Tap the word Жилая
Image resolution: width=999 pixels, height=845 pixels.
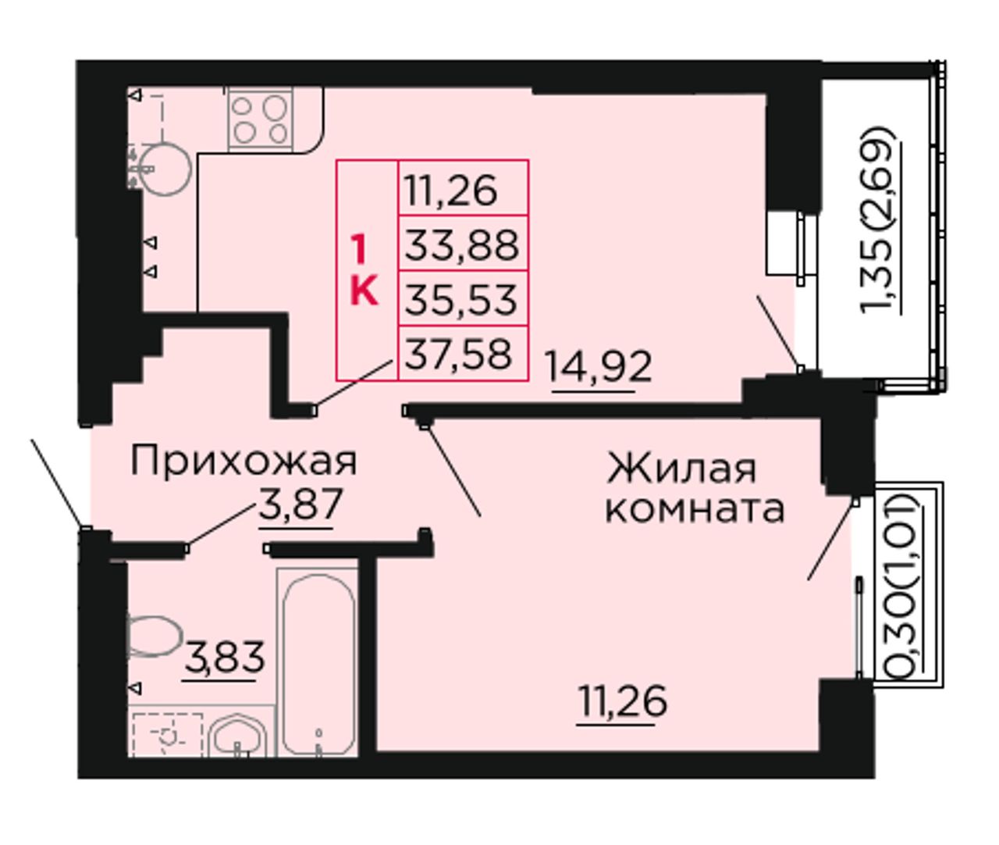pos(682,469)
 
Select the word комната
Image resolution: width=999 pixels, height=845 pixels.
pos(695,509)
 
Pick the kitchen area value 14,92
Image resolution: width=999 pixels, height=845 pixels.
pos(599,367)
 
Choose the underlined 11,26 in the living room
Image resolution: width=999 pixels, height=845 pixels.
pos(623,702)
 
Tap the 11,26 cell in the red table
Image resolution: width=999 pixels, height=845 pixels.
pos(463,189)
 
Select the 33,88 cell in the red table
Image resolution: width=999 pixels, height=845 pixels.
pos(463,244)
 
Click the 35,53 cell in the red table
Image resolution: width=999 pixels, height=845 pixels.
pos(463,298)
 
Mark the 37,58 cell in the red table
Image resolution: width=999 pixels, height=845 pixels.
pos(463,353)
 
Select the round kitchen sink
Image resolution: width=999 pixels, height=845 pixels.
pos(165,169)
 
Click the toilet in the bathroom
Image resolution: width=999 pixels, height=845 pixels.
pos(154,636)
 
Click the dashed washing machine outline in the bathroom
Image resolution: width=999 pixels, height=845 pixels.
pos(168,735)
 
